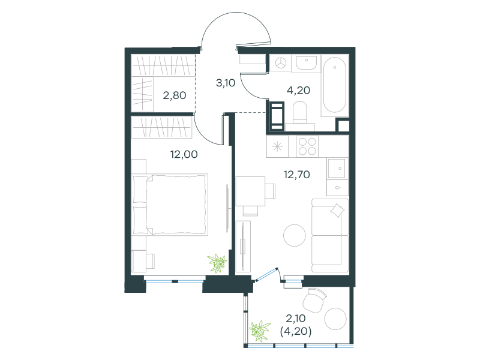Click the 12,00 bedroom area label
[184, 154]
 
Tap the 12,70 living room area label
[296, 175]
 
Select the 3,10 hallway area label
[226, 83]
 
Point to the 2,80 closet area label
[175, 95]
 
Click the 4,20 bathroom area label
[298, 91]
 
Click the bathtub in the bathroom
[335, 85]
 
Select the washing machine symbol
[280, 64]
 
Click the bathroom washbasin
[306, 64]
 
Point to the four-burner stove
[307, 146]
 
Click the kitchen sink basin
[337, 168]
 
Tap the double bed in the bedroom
[170, 205]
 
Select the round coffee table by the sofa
[295, 235]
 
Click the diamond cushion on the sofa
[337, 211]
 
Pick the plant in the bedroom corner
[217, 263]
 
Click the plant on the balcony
[260, 331]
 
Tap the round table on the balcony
[335, 319]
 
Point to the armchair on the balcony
[314, 300]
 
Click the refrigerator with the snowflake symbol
[277, 146]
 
